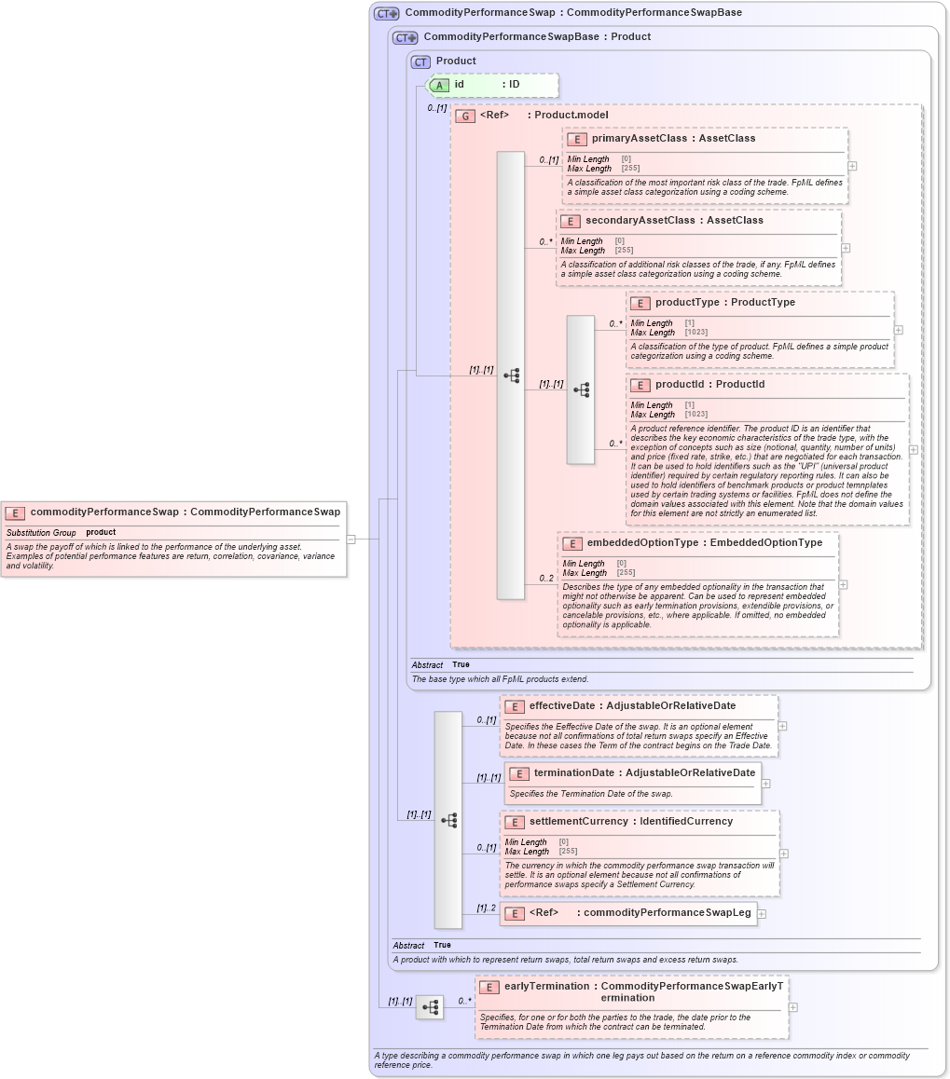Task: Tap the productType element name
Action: click(687, 303)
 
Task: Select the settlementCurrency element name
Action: click(579, 822)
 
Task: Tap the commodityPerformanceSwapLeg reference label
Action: click(667, 913)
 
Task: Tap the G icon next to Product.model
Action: click(465, 116)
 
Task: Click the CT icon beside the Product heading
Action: click(420, 61)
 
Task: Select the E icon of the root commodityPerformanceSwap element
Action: click(15, 512)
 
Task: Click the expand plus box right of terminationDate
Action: click(766, 784)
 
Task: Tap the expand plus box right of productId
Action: click(913, 449)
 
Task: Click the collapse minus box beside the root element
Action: click(351, 539)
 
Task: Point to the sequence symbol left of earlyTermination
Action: click(430, 1007)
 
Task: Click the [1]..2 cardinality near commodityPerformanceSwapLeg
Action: click(486, 908)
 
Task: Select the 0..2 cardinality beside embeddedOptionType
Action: click(546, 579)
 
